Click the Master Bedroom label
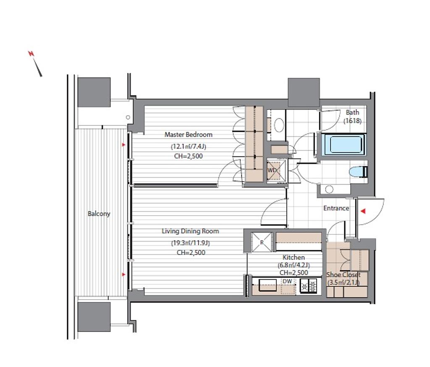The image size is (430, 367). pyautogui.click(x=189, y=135)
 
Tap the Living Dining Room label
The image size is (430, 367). pyautogui.click(x=190, y=231)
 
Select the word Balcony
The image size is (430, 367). pyautogui.click(x=99, y=213)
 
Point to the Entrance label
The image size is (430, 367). pyautogui.click(x=336, y=208)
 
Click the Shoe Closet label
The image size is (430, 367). pyautogui.click(x=343, y=275)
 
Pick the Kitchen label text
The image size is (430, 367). pyautogui.click(x=294, y=258)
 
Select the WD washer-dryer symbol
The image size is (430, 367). pyautogui.click(x=276, y=171)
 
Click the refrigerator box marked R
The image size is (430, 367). pyautogui.click(x=262, y=242)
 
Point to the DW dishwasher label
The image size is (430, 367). pyautogui.click(x=287, y=281)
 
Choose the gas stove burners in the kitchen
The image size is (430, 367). pyautogui.click(x=308, y=286)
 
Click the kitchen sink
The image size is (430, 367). pyautogui.click(x=267, y=285)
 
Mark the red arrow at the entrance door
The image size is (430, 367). pyautogui.click(x=363, y=211)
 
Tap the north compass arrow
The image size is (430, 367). pyautogui.click(x=35, y=63)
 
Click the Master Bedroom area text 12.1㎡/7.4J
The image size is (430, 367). pyautogui.click(x=189, y=146)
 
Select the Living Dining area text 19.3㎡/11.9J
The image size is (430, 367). pyautogui.click(x=191, y=243)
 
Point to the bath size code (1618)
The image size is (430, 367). pyautogui.click(x=352, y=120)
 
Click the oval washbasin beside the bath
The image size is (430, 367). pyautogui.click(x=279, y=125)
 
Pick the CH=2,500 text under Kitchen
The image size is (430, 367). pyautogui.click(x=294, y=273)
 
